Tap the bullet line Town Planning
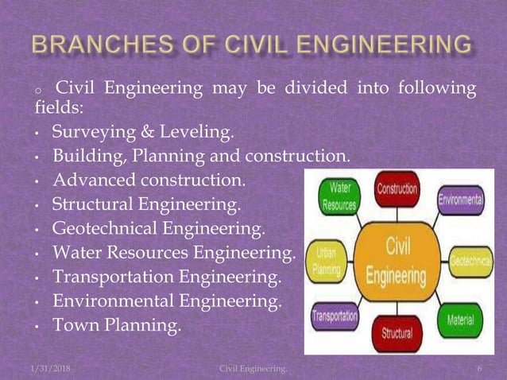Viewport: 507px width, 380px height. point(117,325)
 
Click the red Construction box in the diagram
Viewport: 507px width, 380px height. point(397,192)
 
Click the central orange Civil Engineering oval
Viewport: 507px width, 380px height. point(396,260)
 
